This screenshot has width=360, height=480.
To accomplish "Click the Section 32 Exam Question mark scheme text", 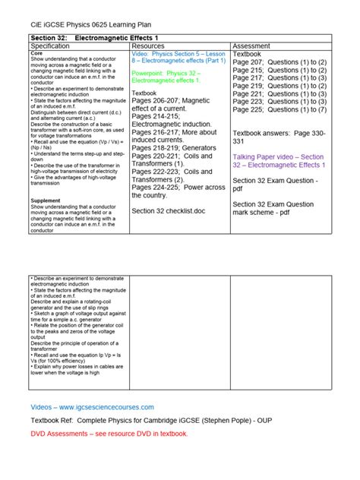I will (x=273, y=209).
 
